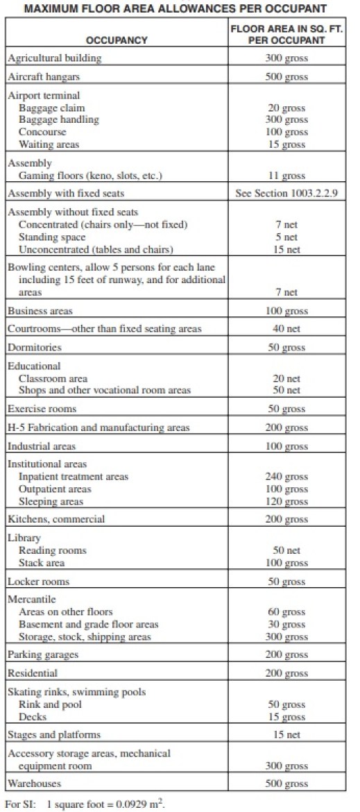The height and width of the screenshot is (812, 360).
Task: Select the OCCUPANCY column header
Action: tap(117, 40)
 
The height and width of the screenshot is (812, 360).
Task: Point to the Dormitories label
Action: tap(35, 347)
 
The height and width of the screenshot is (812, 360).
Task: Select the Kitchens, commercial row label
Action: tap(56, 519)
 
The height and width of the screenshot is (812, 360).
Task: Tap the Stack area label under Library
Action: tap(42, 562)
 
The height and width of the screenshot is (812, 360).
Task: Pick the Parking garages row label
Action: tap(43, 654)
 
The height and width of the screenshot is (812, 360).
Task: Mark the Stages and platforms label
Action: tap(54, 734)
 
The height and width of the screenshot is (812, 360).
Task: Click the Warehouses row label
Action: tap(34, 784)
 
